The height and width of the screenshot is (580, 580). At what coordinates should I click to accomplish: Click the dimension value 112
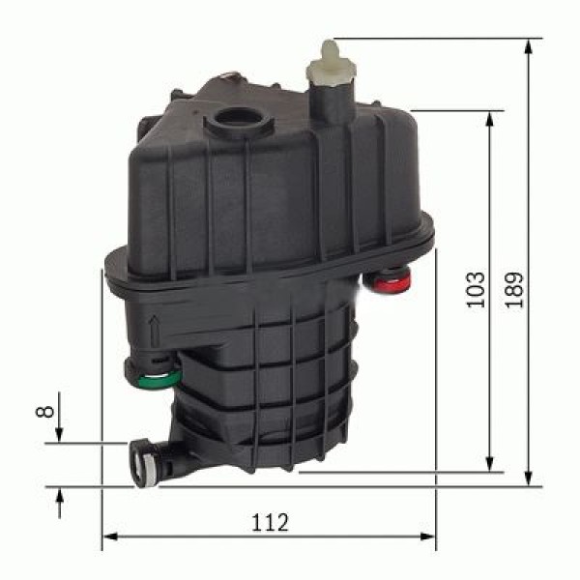tap(270, 523)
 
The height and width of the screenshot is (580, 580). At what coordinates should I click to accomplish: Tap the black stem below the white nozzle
tap(329, 101)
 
